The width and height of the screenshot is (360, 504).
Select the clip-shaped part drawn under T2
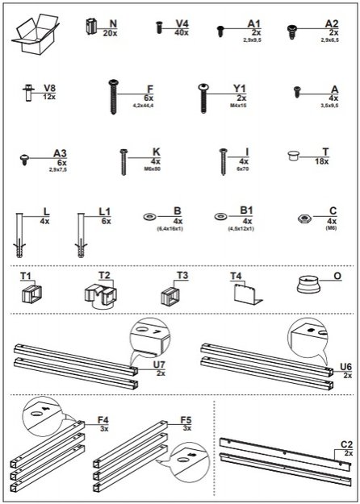[101, 292]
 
